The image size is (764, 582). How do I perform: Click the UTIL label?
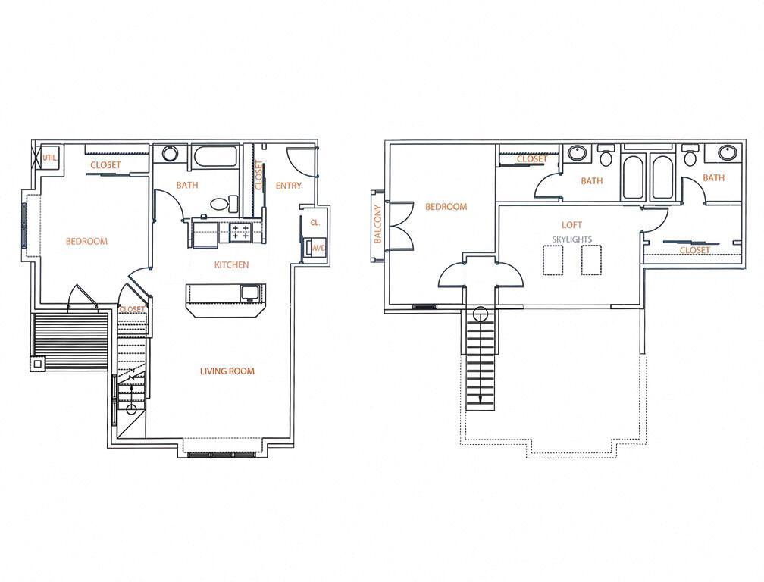pyautogui.click(x=50, y=158)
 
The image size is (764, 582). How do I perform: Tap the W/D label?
pyautogui.click(x=317, y=248)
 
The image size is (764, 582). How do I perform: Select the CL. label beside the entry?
pyautogui.click(x=315, y=223)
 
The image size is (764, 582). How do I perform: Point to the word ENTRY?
pyautogui.click(x=289, y=186)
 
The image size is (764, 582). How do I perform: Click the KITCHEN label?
pyautogui.click(x=231, y=264)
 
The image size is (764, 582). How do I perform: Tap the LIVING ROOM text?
pyautogui.click(x=227, y=371)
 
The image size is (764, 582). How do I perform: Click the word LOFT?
pyautogui.click(x=571, y=225)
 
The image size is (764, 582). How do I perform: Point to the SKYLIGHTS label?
pyautogui.click(x=571, y=239)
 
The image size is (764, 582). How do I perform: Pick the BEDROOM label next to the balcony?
pyautogui.click(x=446, y=207)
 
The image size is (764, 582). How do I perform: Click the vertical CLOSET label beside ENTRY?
pyautogui.click(x=258, y=176)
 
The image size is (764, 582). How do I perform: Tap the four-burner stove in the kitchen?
pyautogui.click(x=241, y=231)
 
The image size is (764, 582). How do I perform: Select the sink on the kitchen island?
pyautogui.click(x=250, y=292)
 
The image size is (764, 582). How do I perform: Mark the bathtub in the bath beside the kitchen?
pyautogui.click(x=215, y=158)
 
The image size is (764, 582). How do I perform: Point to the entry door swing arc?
pyautogui.click(x=298, y=162)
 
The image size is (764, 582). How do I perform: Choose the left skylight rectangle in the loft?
pyautogui.click(x=553, y=261)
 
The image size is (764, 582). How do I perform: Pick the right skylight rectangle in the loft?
pyautogui.click(x=591, y=261)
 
